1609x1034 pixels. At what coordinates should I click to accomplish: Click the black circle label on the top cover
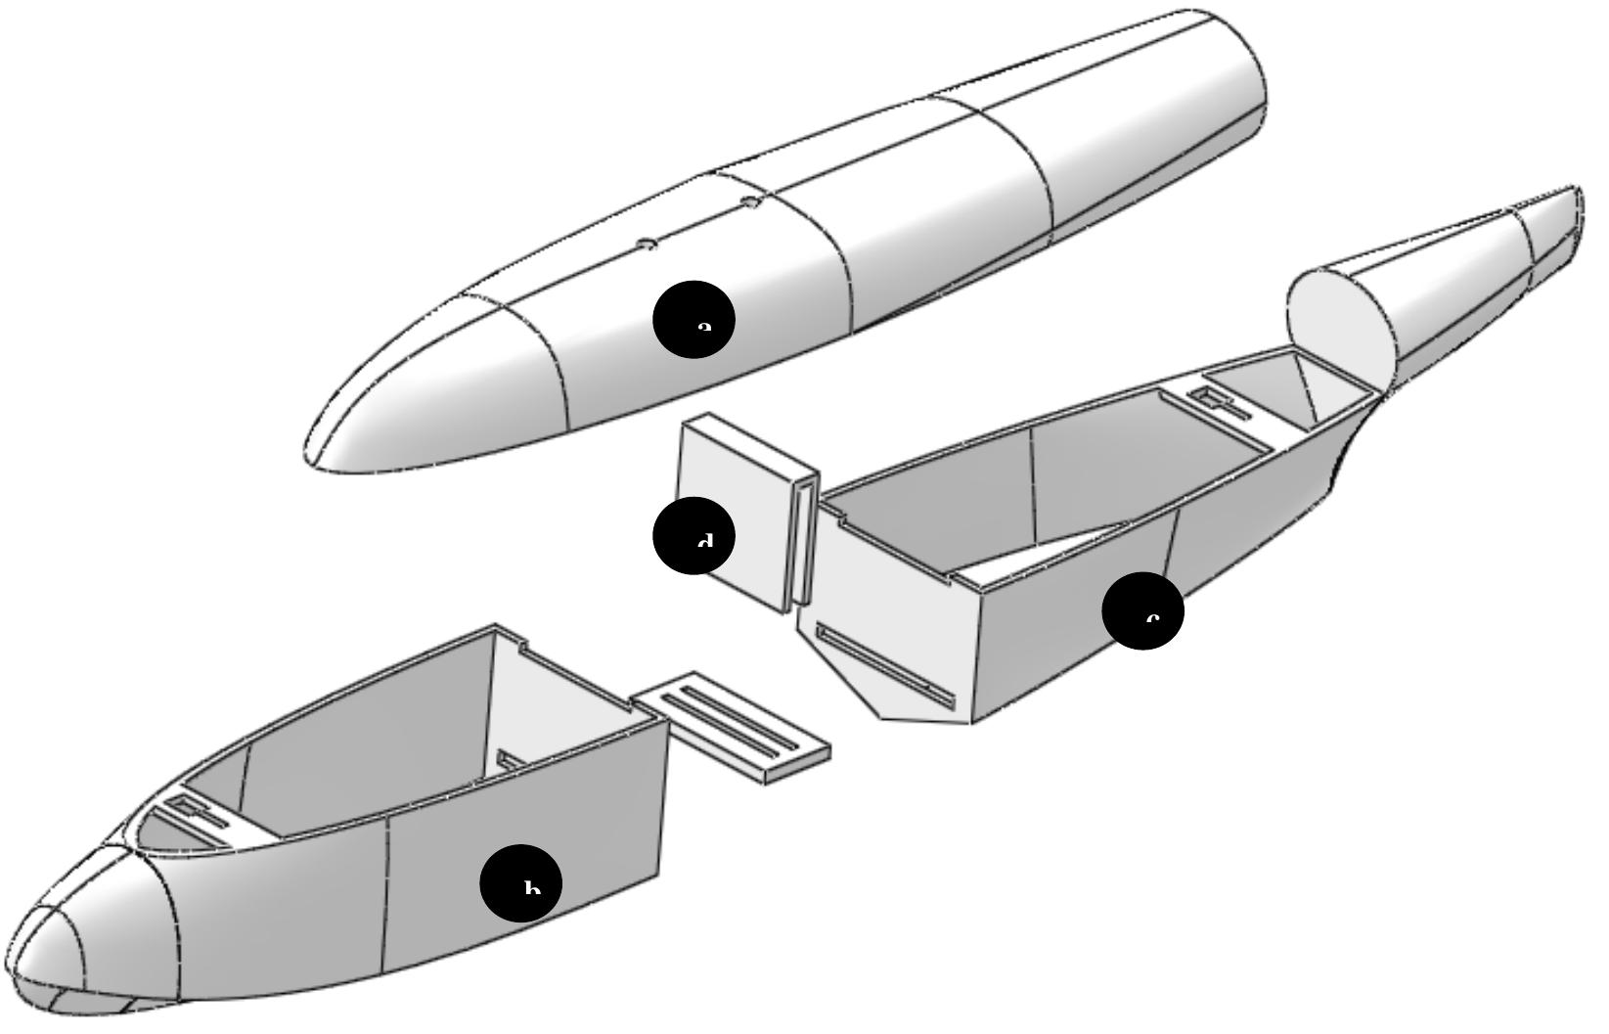pos(693,319)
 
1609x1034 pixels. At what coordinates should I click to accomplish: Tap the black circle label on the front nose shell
pos(520,883)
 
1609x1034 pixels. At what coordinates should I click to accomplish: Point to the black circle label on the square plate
pos(693,535)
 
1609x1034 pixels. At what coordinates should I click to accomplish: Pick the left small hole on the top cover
pos(647,244)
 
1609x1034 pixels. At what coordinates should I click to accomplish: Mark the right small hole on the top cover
pos(751,202)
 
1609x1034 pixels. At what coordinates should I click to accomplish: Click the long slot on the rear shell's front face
pos(885,667)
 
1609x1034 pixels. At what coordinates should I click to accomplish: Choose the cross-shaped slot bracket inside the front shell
pos(196,811)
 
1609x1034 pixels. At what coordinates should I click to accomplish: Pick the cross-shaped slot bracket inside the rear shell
pos(1219,401)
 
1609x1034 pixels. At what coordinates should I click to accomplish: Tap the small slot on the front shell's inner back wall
pos(511,760)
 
